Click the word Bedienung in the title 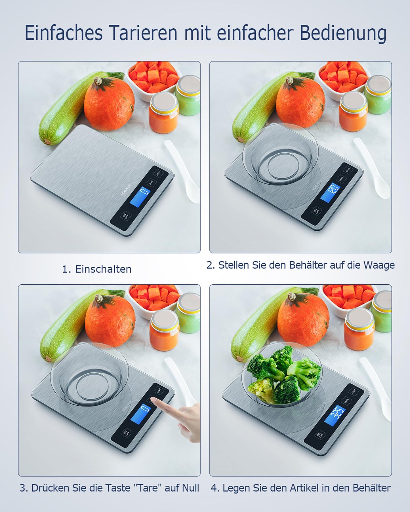(343, 33)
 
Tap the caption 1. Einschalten (97, 269)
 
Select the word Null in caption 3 (190, 488)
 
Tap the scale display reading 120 (330, 192)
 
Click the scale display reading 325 (335, 415)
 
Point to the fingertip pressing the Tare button (154, 400)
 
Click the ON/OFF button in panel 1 (125, 216)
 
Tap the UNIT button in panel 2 (348, 170)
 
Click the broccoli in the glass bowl (281, 374)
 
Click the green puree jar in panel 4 (382, 312)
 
